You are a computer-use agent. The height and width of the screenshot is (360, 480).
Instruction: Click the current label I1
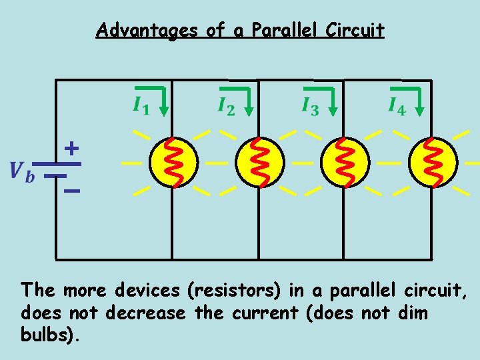tap(140, 106)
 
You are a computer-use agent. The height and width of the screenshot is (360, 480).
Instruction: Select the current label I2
tap(226, 106)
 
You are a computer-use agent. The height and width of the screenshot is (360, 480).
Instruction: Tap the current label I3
tap(310, 106)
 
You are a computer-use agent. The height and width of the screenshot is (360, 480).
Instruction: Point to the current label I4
tap(396, 106)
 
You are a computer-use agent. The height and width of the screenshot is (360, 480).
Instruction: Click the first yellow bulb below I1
tap(173, 162)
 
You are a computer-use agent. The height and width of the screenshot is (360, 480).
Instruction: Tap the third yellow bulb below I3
tap(344, 162)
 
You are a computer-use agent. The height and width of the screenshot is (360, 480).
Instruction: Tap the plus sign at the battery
tap(71, 148)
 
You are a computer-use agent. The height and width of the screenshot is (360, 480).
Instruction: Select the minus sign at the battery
tap(71, 192)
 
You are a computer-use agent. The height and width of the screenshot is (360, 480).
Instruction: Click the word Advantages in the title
tap(147, 31)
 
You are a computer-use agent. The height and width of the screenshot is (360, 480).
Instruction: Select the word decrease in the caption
tap(152, 313)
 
